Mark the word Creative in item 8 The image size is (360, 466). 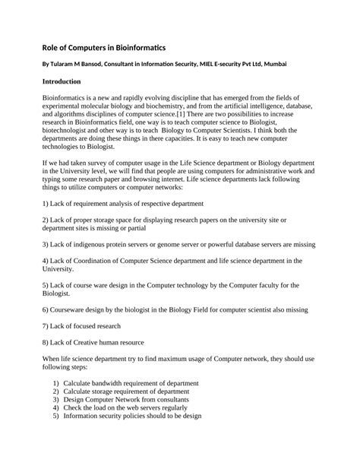93,342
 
